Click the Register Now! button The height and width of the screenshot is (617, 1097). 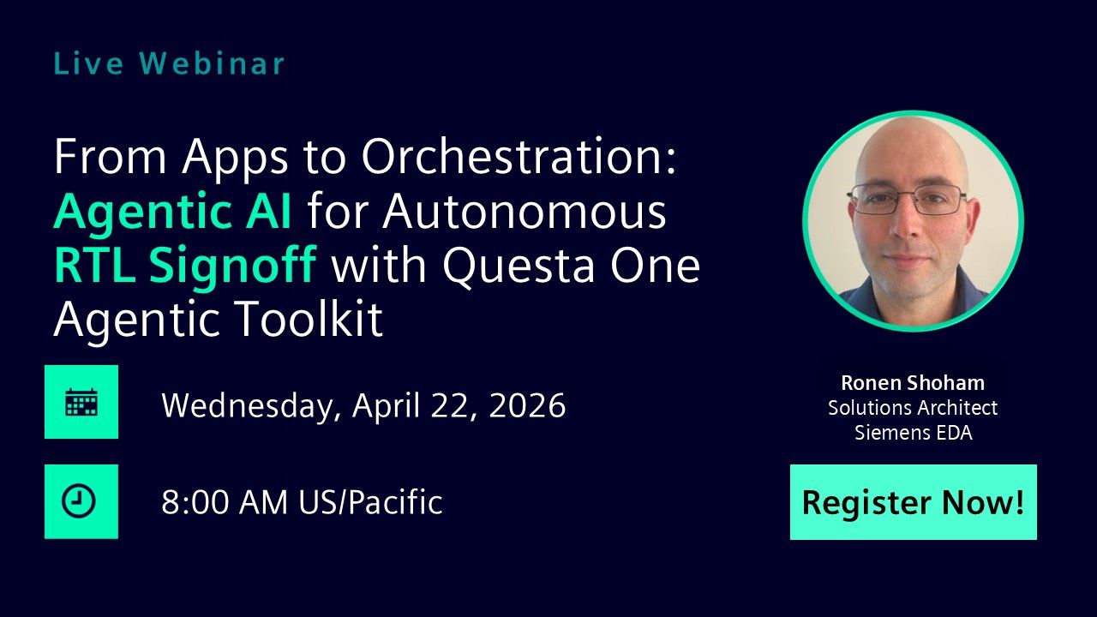coord(913,502)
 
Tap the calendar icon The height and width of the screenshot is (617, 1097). coord(81,402)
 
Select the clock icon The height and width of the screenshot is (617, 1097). coord(81,502)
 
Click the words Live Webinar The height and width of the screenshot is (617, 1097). coord(169,63)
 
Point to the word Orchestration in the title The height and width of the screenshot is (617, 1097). coord(519,158)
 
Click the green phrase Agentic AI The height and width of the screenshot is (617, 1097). coord(172,212)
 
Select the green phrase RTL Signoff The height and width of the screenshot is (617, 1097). coord(185,266)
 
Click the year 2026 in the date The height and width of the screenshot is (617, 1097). coord(527,404)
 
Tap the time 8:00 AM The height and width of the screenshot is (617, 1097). coord(225,502)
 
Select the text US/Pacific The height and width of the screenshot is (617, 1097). coord(370,502)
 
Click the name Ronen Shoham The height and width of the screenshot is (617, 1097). coord(913,383)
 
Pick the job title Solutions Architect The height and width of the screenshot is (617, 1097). coord(913,408)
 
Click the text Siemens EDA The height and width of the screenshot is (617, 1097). coord(913,433)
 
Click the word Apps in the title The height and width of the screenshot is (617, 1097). coord(243,158)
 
